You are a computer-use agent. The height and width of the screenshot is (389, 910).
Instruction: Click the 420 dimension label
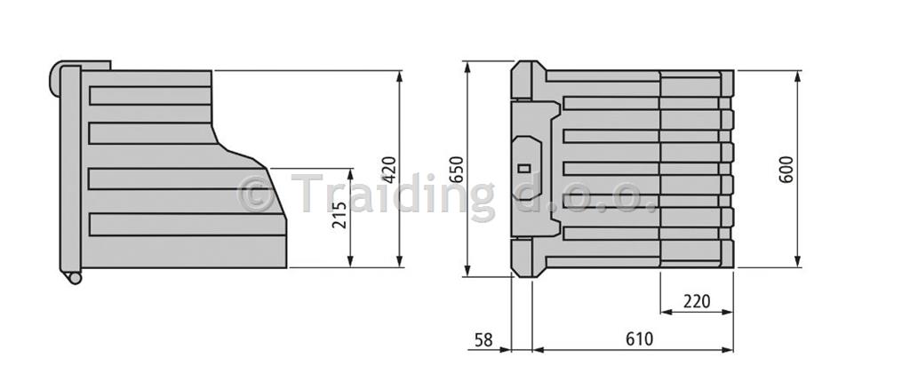(388, 169)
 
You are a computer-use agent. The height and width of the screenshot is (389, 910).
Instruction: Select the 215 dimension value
(339, 215)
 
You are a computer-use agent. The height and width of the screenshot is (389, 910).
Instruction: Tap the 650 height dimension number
(458, 170)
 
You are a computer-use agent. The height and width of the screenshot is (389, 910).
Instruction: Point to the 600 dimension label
(786, 170)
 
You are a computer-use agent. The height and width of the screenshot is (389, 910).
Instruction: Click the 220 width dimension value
(697, 301)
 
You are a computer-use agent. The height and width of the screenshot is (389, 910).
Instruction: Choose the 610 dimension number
(639, 338)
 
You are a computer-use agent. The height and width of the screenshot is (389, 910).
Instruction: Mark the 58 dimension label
(483, 339)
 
